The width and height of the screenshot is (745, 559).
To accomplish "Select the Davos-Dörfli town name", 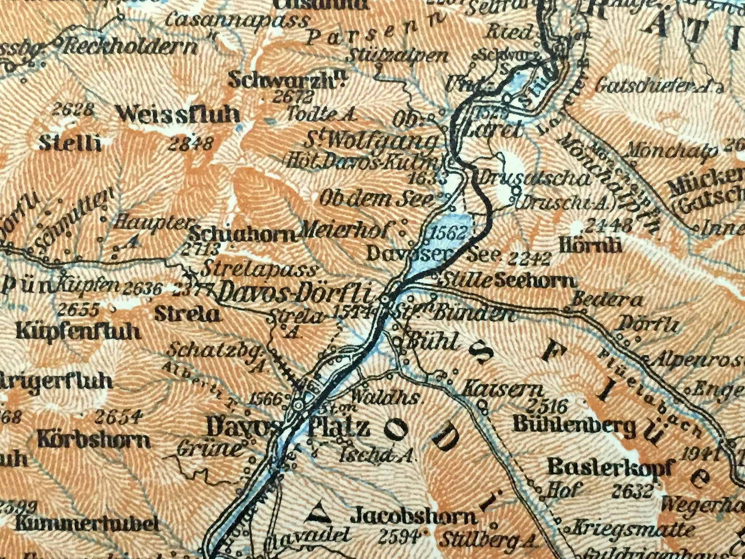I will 295,295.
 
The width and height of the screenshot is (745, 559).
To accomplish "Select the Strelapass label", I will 259,270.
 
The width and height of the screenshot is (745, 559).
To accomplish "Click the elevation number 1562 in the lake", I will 449,232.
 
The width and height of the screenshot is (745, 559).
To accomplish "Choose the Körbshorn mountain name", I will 94,440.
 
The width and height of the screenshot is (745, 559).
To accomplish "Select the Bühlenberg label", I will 575,425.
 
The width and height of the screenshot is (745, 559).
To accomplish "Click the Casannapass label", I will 237,21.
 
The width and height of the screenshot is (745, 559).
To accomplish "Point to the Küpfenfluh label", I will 78,331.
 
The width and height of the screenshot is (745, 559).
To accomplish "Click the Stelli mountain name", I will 70,143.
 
